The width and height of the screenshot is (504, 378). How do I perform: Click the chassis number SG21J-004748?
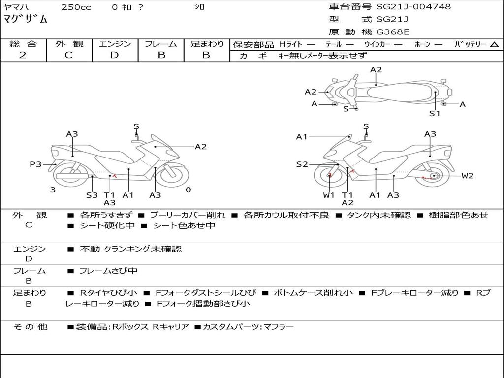(413, 7)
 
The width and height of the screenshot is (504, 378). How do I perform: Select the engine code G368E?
(393, 32)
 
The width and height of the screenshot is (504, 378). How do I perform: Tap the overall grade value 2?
(23, 55)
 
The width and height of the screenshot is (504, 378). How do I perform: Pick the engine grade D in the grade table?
(114, 55)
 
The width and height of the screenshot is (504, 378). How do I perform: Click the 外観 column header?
(69, 44)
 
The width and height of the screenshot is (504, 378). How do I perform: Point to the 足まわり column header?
(207, 44)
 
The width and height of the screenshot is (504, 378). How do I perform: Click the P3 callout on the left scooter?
(35, 164)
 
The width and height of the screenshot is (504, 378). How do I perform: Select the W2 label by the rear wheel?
(467, 176)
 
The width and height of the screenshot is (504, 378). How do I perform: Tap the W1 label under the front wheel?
(329, 195)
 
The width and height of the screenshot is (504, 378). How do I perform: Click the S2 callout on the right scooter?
(302, 164)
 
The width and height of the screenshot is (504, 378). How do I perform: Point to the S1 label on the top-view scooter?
(434, 114)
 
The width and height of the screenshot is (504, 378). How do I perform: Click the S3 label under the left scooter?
(92, 195)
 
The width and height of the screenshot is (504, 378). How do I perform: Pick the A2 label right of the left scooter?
(200, 146)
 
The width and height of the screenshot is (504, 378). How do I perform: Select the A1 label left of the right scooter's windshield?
(302, 137)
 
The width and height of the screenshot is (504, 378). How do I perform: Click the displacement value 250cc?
(76, 7)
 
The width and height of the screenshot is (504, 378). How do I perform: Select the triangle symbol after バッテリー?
(494, 44)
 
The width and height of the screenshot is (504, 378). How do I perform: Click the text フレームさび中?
(108, 271)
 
